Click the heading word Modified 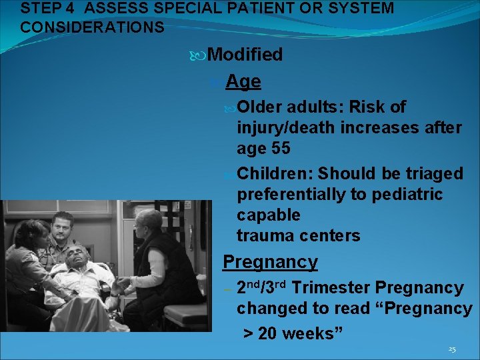coord(245,55)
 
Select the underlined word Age coord(243,81)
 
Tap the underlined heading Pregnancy coord(270,262)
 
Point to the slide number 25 coord(452,349)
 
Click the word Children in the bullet coord(275,174)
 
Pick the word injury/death coord(286,127)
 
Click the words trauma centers coord(298,235)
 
